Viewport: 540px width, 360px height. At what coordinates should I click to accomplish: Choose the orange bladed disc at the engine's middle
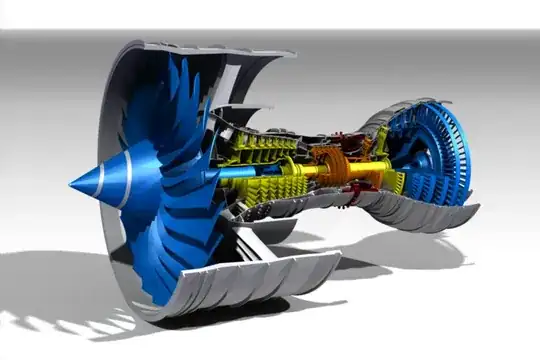[x=331, y=166]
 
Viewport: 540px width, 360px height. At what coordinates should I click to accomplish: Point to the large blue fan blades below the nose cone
[x=180, y=240]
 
